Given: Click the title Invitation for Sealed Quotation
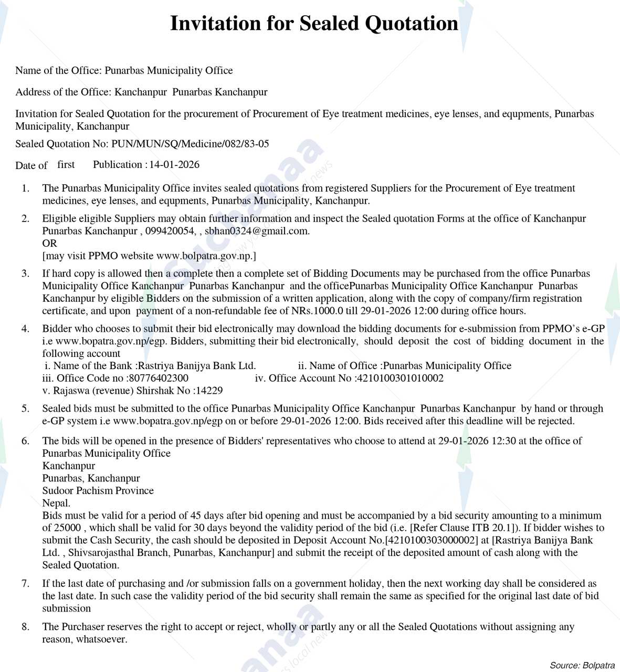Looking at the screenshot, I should tap(314, 24).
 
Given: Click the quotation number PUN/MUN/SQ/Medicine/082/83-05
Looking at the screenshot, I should tap(190, 144).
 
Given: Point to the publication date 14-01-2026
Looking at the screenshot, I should tap(174, 165).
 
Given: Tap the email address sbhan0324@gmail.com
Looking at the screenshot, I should tap(256, 231).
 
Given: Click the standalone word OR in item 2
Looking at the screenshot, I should tap(49, 244).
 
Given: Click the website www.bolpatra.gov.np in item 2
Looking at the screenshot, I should tap(205, 256).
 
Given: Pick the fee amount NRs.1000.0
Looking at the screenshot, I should tap(317, 311).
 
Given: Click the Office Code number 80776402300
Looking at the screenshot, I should tap(158, 379).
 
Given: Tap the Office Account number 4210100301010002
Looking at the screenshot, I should tap(400, 379).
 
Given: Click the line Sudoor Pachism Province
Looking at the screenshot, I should tap(98, 491).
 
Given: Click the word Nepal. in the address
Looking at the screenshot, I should tap(56, 503).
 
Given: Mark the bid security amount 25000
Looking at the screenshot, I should tap(68, 528).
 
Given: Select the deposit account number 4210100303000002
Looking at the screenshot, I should tap(432, 540).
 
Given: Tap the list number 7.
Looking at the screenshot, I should tap(25, 584).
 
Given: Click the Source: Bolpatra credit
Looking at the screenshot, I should tap(582, 665).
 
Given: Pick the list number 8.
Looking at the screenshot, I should tap(25, 627).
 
